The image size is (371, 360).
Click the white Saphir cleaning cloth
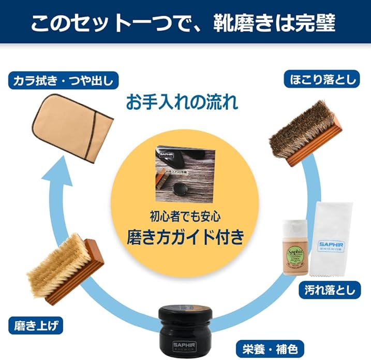click(x=333, y=238)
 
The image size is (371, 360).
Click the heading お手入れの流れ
click(x=182, y=102)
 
